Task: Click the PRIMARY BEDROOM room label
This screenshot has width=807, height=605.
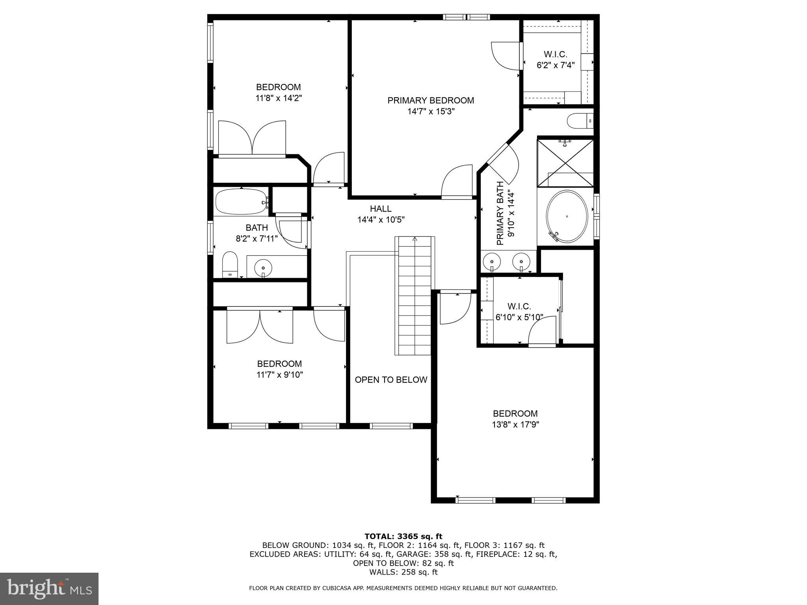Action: (x=431, y=100)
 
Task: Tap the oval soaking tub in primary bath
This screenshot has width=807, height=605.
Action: (x=567, y=217)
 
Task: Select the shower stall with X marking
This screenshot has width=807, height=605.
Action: (x=565, y=162)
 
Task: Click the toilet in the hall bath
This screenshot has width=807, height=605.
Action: (x=230, y=265)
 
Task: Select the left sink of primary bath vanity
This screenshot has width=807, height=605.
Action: (x=492, y=261)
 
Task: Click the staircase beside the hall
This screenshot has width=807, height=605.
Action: (x=415, y=295)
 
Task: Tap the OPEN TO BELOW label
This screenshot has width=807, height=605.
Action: (x=391, y=380)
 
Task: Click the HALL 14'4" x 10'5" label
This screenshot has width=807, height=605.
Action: (x=381, y=214)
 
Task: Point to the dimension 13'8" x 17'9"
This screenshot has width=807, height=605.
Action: (x=515, y=425)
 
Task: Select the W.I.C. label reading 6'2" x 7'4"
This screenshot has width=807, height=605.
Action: (x=556, y=60)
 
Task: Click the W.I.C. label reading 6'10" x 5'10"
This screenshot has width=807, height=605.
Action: (x=519, y=312)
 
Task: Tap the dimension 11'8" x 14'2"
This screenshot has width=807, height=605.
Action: (x=279, y=98)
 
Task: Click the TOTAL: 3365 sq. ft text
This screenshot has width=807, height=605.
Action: (x=403, y=536)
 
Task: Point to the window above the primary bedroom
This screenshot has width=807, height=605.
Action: (x=466, y=17)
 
